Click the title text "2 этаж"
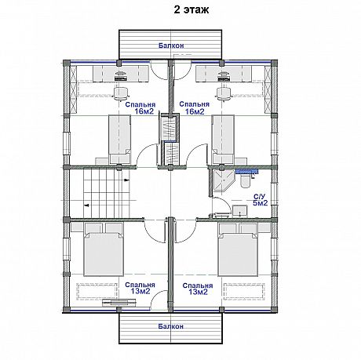191,10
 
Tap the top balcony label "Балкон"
171,45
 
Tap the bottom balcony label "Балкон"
171,326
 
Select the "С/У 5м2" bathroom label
260,200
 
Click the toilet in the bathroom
246,181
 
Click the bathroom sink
240,211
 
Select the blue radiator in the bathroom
246,171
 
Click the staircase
107,193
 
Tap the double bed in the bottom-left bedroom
104,249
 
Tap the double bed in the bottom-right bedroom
238,249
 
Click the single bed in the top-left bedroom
119,140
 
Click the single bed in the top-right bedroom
223,140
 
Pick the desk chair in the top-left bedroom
121,93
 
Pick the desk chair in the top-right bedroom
224,93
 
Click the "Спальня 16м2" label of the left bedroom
140,108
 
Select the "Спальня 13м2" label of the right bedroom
198,289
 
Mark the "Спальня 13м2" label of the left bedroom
140,288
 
